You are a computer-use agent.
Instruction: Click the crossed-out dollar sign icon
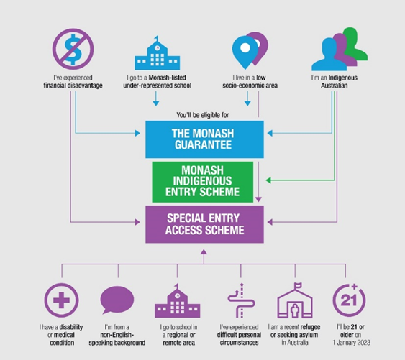(x=73, y=49)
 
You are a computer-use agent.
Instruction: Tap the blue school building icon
(x=157, y=53)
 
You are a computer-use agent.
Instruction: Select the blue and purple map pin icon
(x=250, y=50)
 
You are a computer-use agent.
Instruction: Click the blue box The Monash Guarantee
(x=204, y=139)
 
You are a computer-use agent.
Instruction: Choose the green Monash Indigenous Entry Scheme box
(x=203, y=182)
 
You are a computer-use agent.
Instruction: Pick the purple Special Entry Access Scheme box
(x=204, y=224)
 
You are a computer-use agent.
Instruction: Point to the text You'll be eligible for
(x=203, y=115)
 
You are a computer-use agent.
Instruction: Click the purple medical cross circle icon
(x=61, y=300)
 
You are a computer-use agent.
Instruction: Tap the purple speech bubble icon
(x=117, y=300)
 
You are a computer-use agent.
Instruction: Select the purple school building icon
(x=178, y=300)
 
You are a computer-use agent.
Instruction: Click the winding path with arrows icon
(x=241, y=300)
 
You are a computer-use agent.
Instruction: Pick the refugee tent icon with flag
(x=295, y=300)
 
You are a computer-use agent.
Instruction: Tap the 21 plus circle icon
(x=349, y=300)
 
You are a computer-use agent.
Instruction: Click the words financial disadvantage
(x=73, y=86)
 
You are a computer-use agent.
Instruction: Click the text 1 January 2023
(x=352, y=343)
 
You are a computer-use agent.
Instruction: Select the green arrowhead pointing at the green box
(x=268, y=180)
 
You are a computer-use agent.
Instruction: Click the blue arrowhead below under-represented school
(x=156, y=103)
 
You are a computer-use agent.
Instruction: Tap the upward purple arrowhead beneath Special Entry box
(x=204, y=252)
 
